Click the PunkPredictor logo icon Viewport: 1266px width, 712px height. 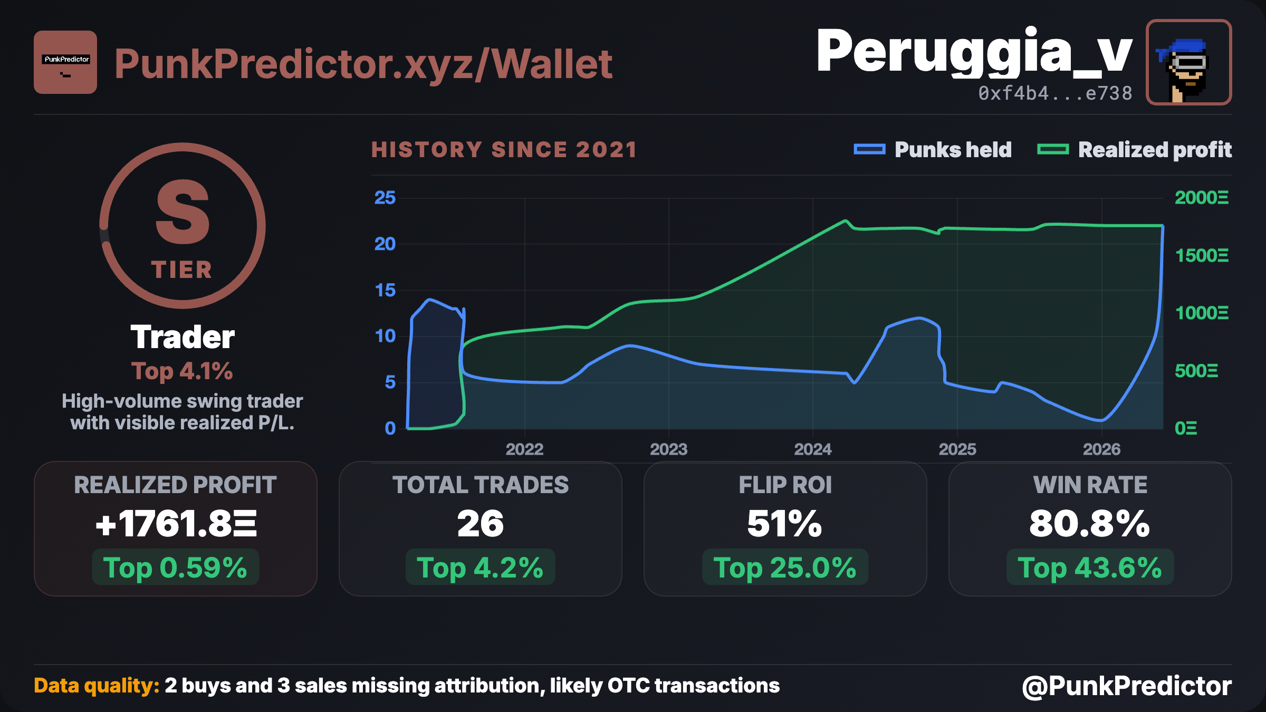pyautogui.click(x=65, y=62)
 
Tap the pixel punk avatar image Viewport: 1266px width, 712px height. pyautogui.click(x=1189, y=62)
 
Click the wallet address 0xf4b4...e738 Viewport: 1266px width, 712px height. pyautogui.click(x=1055, y=93)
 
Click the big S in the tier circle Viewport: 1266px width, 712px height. pyautogui.click(x=183, y=212)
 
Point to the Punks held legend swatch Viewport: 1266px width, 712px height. pyautogui.click(x=869, y=150)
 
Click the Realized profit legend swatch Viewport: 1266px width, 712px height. pyautogui.click(x=1053, y=150)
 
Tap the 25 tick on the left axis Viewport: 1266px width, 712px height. pyautogui.click(x=385, y=198)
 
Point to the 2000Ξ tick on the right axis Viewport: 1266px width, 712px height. pyautogui.click(x=1202, y=198)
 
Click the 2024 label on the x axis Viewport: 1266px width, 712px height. pyautogui.click(x=813, y=449)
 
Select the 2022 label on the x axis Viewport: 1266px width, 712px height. pyautogui.click(x=524, y=449)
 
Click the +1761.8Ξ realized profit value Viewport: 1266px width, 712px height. pyautogui.click(x=176, y=524)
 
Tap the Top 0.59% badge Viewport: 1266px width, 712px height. pyautogui.click(x=176, y=567)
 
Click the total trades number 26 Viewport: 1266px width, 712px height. pyautogui.click(x=481, y=524)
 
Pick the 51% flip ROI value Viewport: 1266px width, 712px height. pyautogui.click(x=785, y=524)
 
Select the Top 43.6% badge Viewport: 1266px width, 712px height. pyautogui.click(x=1090, y=567)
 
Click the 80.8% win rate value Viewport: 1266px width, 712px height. pyautogui.click(x=1090, y=524)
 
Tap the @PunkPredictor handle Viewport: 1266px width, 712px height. pyautogui.click(x=1127, y=686)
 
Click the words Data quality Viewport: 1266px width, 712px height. pyautogui.click(x=97, y=686)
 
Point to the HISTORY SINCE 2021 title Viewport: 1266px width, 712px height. pyautogui.click(x=504, y=150)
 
